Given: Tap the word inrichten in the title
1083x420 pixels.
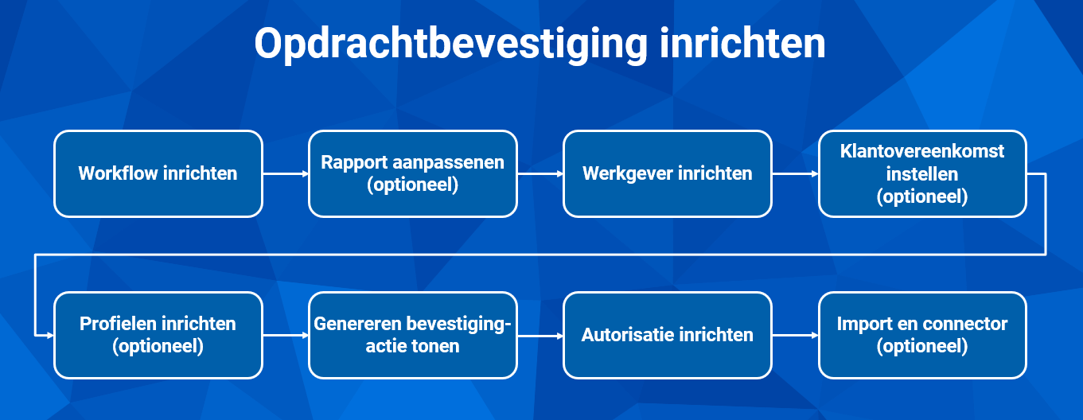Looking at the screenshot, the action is click(742, 44).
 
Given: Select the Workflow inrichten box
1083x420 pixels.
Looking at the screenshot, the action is click(158, 173).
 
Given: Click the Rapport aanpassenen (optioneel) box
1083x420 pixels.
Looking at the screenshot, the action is click(413, 173).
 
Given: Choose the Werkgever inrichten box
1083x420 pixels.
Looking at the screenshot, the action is click(668, 173).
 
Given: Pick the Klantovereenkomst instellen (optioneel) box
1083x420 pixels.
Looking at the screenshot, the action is click(922, 173).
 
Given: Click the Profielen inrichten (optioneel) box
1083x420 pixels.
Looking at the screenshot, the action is click(158, 335).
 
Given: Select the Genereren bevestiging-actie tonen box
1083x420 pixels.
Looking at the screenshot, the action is click(413, 335).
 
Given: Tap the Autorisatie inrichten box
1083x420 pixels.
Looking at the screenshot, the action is click(668, 335).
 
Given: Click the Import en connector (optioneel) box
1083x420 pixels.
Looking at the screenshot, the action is click(922, 335).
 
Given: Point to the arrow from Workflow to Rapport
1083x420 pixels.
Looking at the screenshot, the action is click(286, 173).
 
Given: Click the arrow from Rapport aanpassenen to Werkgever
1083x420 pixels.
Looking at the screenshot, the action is click(540, 173).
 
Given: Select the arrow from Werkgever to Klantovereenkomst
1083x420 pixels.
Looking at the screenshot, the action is click(795, 173).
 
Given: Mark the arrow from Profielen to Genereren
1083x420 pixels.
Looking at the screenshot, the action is click(286, 335).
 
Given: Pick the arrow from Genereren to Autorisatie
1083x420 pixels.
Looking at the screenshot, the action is click(540, 335).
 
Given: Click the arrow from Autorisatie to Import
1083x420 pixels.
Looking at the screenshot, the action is click(795, 335).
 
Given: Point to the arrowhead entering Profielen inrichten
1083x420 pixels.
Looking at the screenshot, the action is click(50, 335).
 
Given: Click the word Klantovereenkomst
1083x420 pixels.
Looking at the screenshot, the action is click(922, 151).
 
